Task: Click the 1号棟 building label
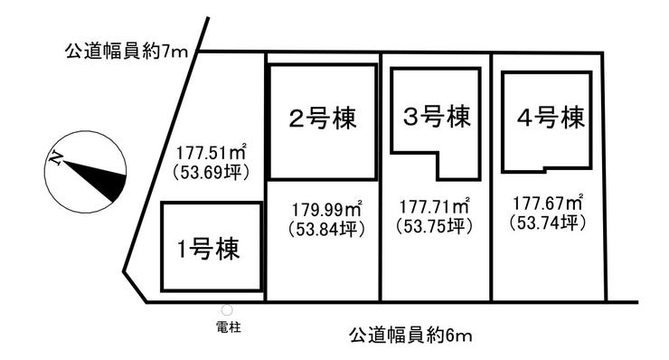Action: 208,248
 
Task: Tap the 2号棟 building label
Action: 323,118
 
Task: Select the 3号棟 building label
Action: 437,116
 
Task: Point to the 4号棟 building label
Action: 551,117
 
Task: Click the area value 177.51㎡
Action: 212,153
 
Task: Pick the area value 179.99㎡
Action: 327,209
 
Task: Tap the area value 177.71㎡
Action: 435,206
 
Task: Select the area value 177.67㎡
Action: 548,203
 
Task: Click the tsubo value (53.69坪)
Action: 212,173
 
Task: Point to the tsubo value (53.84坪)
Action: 327,230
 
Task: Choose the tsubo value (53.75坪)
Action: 434,226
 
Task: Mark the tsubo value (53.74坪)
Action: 548,223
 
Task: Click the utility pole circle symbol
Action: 227,310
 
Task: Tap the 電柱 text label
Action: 229,327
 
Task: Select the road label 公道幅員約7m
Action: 127,52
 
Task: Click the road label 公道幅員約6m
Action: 410,335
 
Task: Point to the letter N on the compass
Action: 54,159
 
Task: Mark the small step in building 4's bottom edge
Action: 545,169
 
